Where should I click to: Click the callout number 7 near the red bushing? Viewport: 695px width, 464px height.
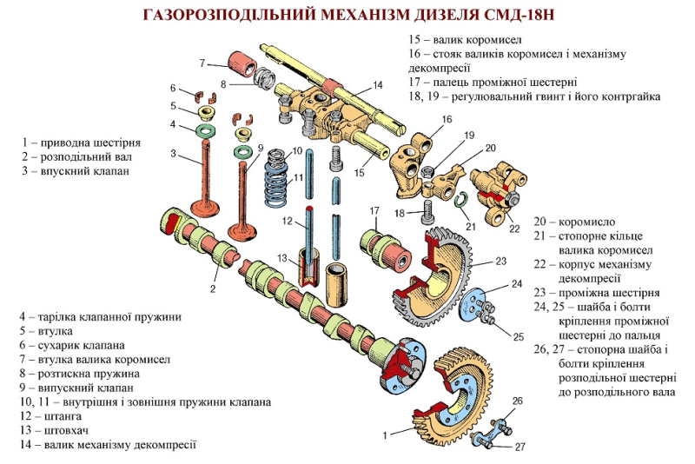(x=202, y=63)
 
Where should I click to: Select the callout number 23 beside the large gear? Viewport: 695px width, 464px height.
(x=501, y=261)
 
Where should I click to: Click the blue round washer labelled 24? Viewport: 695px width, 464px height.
(x=473, y=304)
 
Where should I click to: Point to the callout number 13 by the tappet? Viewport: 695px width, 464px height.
(x=282, y=258)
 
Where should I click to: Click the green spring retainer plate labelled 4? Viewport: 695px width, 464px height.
(x=205, y=130)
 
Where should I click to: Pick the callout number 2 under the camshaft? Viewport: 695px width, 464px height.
(x=213, y=289)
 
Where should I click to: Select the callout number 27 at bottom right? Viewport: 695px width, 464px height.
(x=520, y=447)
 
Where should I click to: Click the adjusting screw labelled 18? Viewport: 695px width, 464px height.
(x=428, y=213)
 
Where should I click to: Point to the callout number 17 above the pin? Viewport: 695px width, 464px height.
(x=374, y=211)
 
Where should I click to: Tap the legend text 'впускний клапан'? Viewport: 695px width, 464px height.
(x=84, y=170)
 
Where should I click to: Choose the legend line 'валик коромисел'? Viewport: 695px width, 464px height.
(x=477, y=40)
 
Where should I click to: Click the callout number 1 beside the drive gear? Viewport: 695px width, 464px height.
(x=385, y=435)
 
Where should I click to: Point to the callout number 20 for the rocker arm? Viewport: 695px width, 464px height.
(x=490, y=148)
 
